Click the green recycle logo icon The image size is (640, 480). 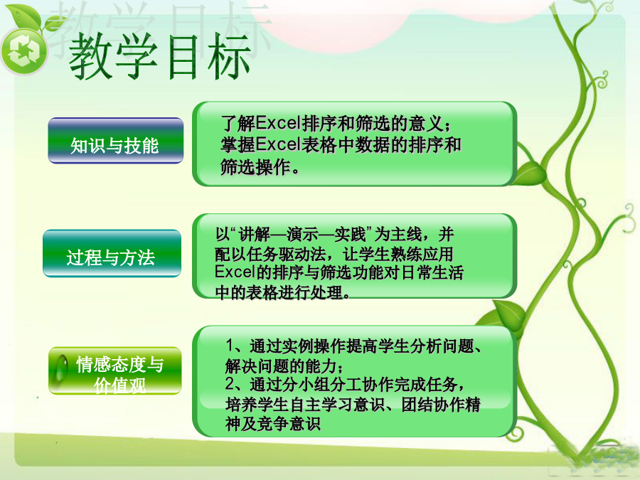tap(24, 51)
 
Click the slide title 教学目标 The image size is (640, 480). tap(159, 56)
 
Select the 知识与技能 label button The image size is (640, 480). tap(115, 141)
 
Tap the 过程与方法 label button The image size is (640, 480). tap(112, 253)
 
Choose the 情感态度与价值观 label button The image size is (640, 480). tap(114, 370)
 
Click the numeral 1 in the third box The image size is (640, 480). tap(230, 346)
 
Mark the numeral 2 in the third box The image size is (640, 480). tap(230, 384)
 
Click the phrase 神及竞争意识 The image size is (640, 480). tap(272, 424)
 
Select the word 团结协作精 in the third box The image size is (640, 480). tap(441, 404)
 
